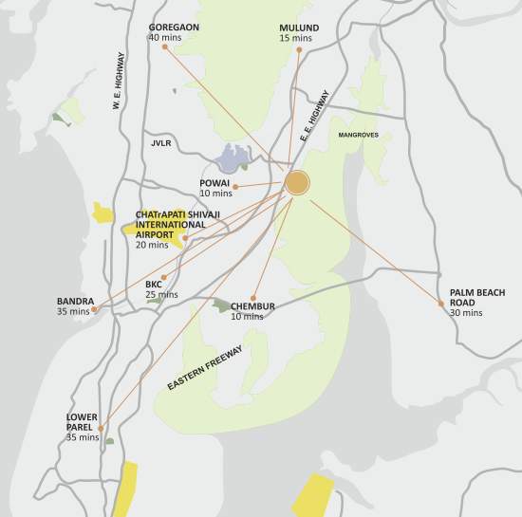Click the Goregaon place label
point(174,28)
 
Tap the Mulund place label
point(299,28)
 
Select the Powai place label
point(214,182)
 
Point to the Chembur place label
point(252,306)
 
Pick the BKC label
point(154,284)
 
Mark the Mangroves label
point(358,136)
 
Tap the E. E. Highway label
point(314,117)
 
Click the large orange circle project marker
point(297,183)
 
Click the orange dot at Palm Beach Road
point(441,304)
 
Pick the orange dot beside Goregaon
point(164,46)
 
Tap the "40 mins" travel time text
point(166,38)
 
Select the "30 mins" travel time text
point(466,312)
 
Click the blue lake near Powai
point(234,157)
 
